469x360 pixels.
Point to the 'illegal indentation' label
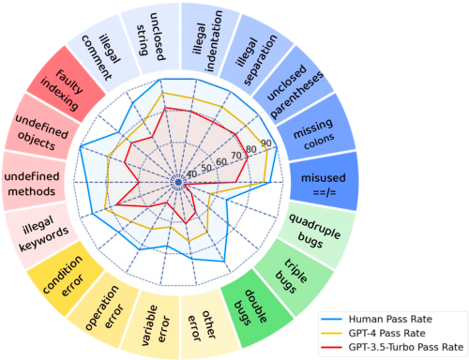click(207, 30)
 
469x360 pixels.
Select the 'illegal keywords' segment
click(38, 231)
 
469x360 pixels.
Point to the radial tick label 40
click(192, 173)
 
